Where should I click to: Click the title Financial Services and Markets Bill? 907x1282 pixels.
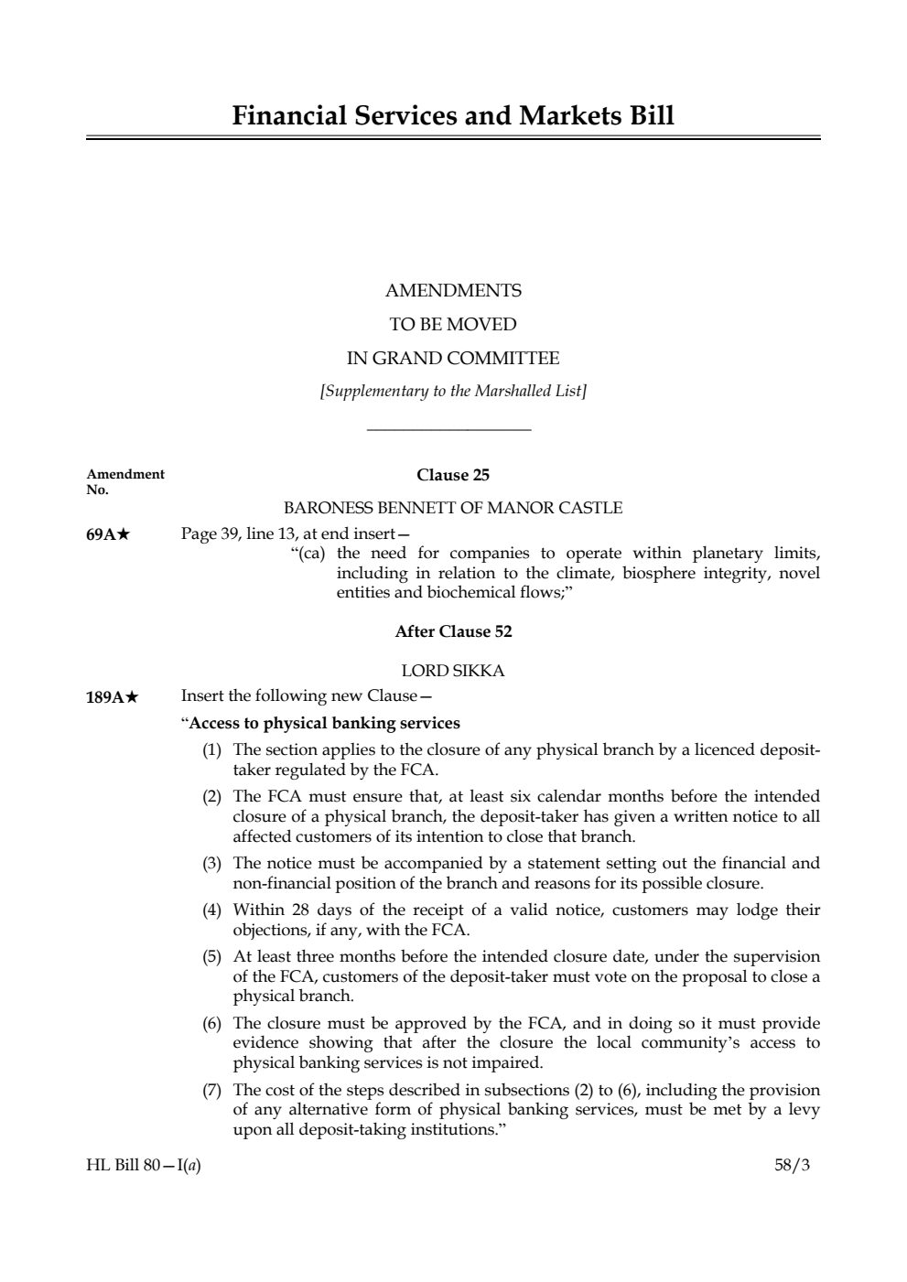[x=453, y=116]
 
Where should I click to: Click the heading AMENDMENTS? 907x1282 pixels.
[x=453, y=291]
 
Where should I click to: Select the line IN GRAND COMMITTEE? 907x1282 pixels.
[x=453, y=358]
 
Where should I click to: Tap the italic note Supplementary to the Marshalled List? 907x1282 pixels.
[x=453, y=392]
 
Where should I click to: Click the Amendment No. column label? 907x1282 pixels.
[x=124, y=481]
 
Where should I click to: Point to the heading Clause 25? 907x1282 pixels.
[x=453, y=475]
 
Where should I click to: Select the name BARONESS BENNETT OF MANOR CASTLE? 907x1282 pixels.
[x=453, y=508]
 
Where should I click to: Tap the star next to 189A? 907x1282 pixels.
[x=132, y=697]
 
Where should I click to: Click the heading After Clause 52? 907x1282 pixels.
[x=453, y=632]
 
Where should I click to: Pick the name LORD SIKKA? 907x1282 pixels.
[x=453, y=672]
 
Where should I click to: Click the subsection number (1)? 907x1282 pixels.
[x=212, y=750]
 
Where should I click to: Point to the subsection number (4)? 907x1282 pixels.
[x=212, y=910]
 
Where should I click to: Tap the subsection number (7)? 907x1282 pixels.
[x=212, y=1090]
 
